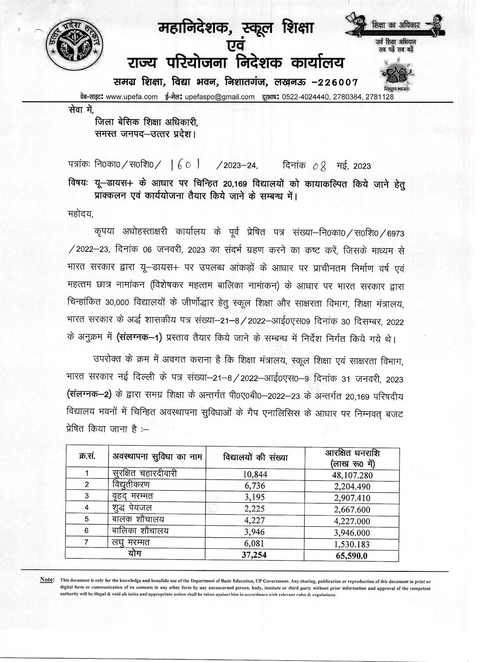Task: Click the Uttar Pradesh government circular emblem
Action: (76, 46)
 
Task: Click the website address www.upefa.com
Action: (131, 97)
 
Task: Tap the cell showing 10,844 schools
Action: (255, 474)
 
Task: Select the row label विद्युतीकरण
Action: (131, 485)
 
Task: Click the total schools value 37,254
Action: (254, 555)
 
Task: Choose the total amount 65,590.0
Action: (352, 556)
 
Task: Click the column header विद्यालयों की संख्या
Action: (255, 458)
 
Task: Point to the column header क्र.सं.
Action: (87, 456)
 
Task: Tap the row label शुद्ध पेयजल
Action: (132, 508)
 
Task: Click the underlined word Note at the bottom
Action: (46, 580)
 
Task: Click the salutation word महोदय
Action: (80, 214)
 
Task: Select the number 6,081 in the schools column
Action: (254, 543)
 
